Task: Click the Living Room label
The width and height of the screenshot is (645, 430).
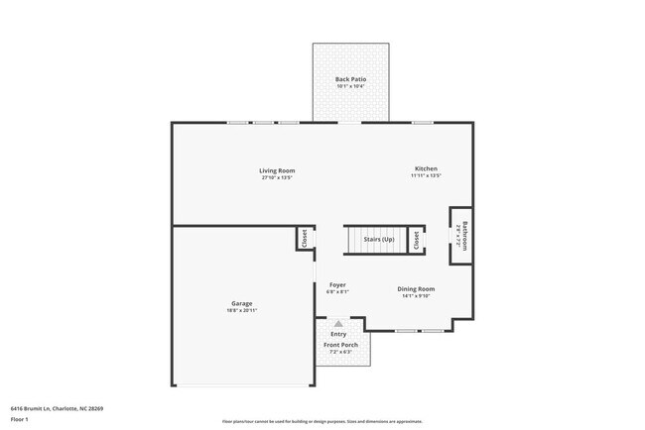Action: pos(278,170)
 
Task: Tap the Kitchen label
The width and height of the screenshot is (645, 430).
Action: pos(426,168)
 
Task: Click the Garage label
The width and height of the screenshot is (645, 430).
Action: pos(242,303)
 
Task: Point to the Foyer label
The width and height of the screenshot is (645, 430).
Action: pos(337,284)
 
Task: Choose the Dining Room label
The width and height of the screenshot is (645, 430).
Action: pos(418,288)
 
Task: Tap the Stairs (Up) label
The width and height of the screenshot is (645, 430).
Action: pos(379,240)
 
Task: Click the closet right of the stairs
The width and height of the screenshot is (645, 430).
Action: pos(417,240)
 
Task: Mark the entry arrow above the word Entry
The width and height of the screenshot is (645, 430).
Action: pos(338,324)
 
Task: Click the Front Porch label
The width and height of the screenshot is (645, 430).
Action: pos(339,345)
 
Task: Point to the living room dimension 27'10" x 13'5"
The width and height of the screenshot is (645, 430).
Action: pos(278,178)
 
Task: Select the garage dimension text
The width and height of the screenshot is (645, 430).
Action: pos(242,311)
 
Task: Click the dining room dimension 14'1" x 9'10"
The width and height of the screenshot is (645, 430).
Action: pos(418,296)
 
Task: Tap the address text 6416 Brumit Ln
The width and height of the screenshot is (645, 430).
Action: pos(58,407)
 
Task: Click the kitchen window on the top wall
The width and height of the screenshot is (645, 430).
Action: pos(423,123)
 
